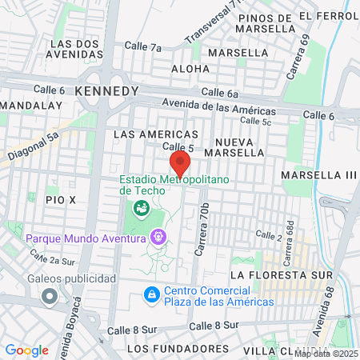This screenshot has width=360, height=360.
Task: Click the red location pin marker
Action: coord(180,163)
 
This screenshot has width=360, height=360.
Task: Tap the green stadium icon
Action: coord(142,209)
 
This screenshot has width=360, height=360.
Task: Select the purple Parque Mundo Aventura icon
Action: coord(158,238)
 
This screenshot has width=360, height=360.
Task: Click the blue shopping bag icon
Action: coord(150,295)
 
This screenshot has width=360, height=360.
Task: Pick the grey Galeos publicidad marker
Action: coord(50,297)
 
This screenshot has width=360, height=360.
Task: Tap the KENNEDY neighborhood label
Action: coord(106,91)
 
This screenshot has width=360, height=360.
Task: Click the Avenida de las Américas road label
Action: coord(218,106)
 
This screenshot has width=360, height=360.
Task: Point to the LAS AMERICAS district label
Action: coord(156,134)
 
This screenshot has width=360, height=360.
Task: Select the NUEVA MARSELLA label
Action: coord(229,146)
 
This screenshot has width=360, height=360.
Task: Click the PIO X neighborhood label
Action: coord(60,198)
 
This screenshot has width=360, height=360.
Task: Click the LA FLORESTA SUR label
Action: coord(281,273)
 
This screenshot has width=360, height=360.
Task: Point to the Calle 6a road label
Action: coord(221,93)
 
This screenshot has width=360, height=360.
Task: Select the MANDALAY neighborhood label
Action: coord(32,105)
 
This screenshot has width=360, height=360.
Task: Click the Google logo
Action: coord(26,350)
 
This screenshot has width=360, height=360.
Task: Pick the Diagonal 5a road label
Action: coord(34,146)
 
